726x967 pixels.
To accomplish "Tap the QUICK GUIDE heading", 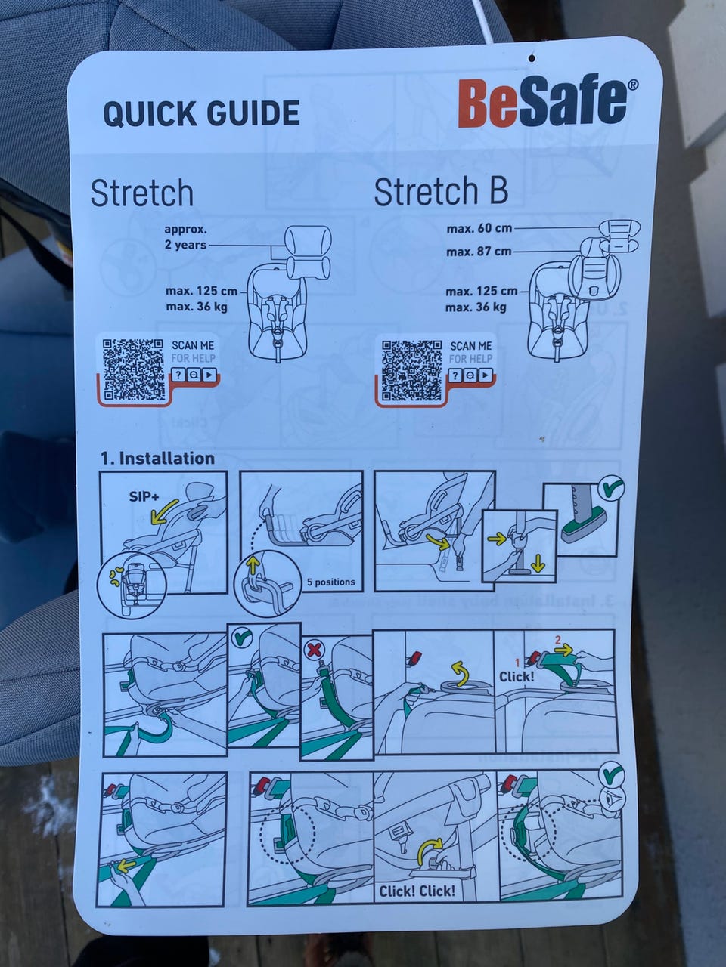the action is (201, 113).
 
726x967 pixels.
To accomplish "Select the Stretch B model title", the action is (441, 191).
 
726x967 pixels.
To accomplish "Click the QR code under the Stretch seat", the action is (134, 369).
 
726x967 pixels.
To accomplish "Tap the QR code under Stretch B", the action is (411, 371).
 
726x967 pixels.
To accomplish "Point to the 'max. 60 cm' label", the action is (479, 229).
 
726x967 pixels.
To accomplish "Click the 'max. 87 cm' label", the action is (479, 252).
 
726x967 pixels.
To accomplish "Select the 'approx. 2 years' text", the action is (185, 237).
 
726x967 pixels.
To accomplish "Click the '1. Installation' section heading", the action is (158, 458).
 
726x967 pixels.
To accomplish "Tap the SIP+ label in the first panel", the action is (144, 496).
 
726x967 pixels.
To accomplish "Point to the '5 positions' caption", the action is (331, 582).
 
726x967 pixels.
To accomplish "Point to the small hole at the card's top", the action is (532, 57).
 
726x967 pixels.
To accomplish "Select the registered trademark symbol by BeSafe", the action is (632, 85).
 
